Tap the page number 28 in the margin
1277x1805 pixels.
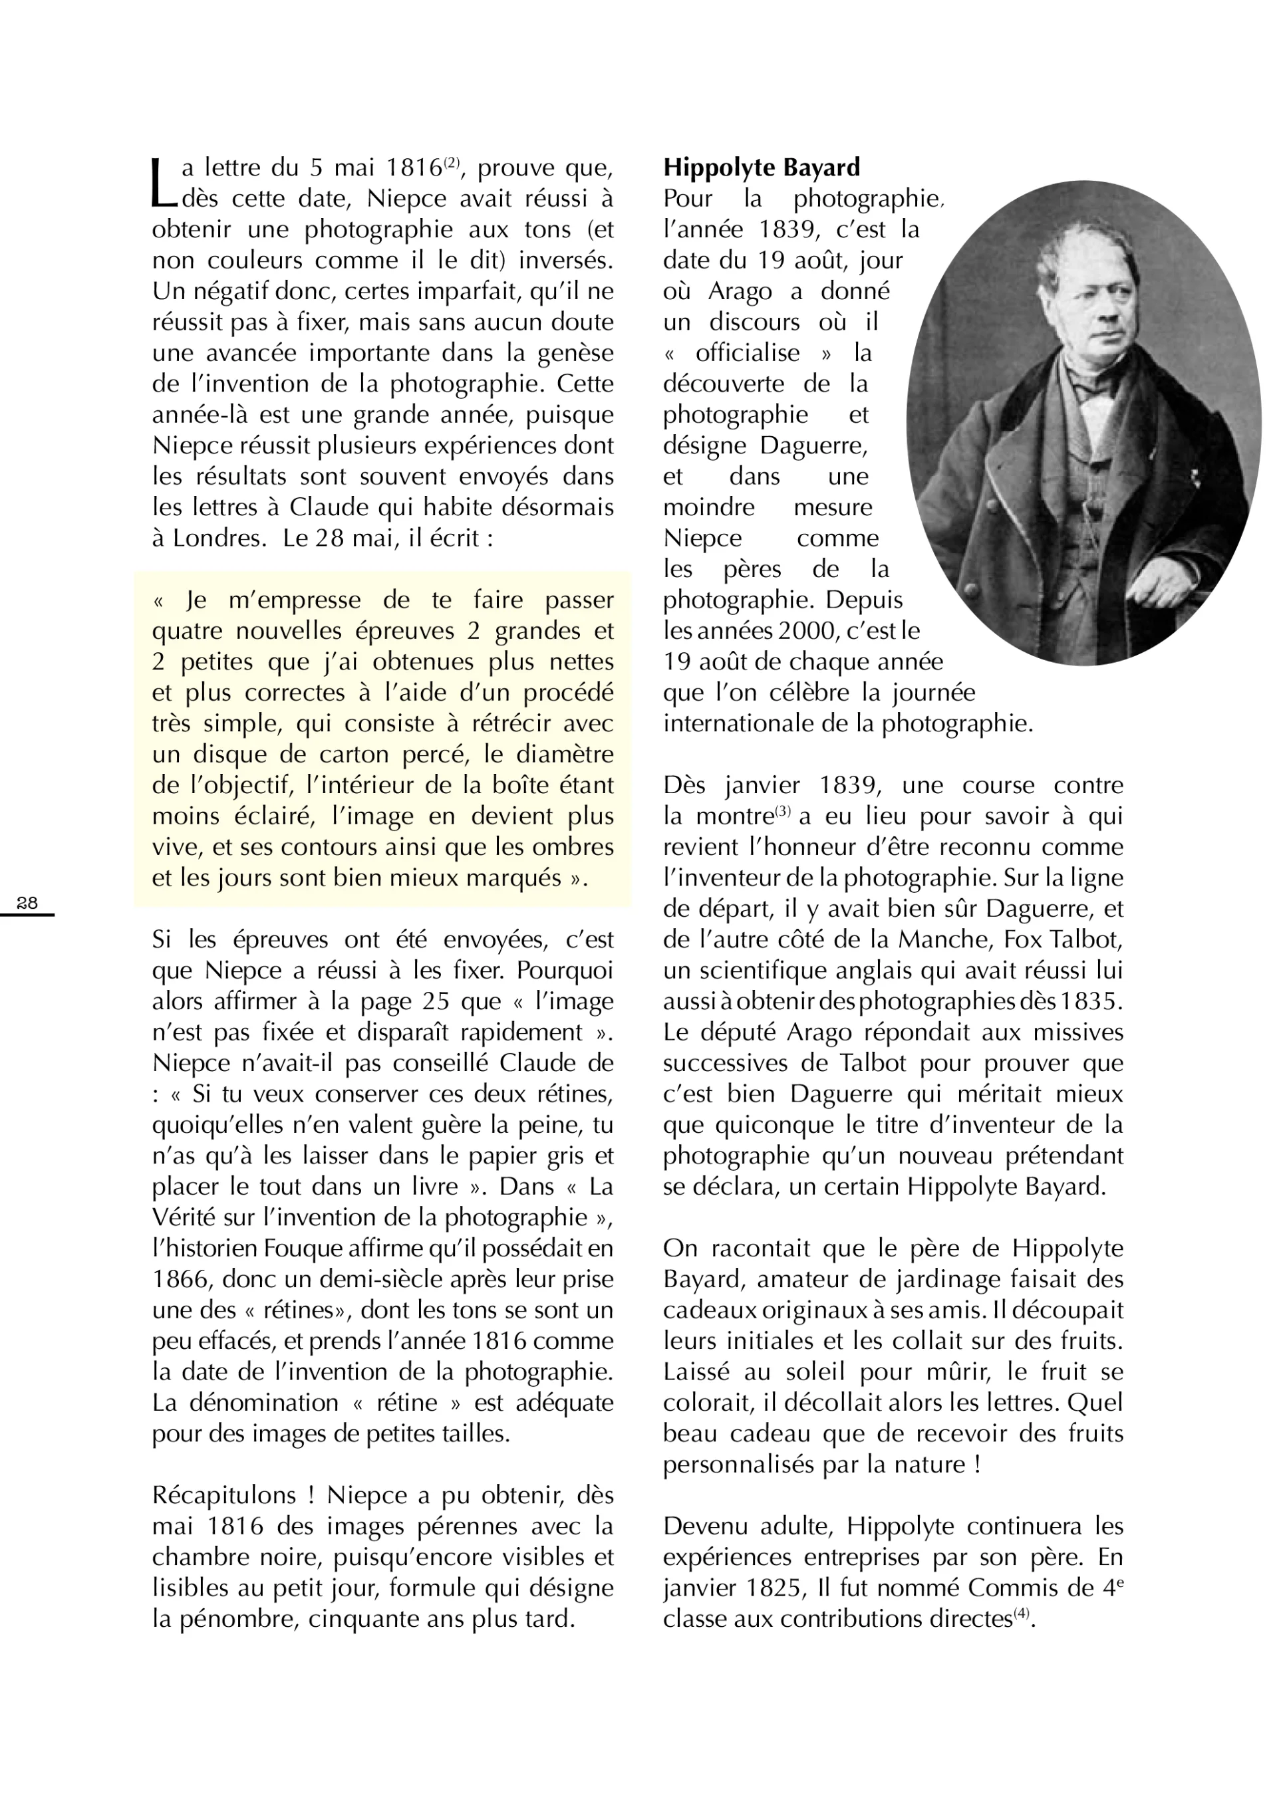pyautogui.click(x=27, y=903)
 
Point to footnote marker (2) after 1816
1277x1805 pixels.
pyautogui.click(x=452, y=163)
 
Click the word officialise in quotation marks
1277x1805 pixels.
pyautogui.click(x=747, y=353)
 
